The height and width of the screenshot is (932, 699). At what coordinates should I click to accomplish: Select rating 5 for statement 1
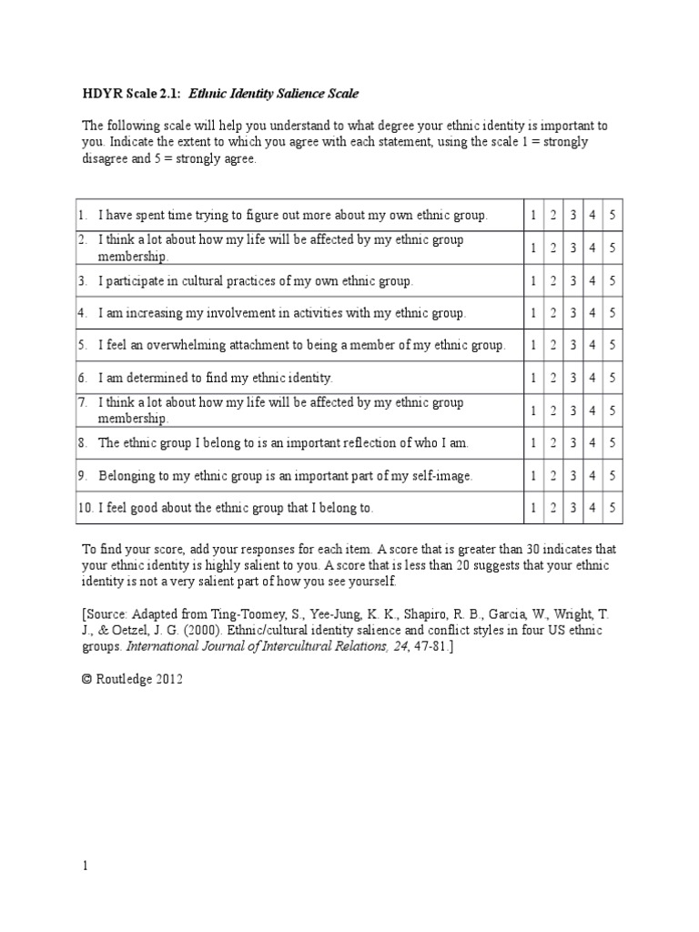[613, 216]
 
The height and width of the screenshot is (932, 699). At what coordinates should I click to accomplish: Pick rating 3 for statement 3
[573, 280]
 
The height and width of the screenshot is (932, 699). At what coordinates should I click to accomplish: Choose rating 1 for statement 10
[533, 508]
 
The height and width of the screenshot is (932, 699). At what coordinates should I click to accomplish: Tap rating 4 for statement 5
[593, 345]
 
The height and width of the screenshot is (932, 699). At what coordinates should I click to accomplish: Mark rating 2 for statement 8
[553, 443]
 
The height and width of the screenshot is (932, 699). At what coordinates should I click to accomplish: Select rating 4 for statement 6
[593, 378]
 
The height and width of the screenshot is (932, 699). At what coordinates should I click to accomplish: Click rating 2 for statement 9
[553, 475]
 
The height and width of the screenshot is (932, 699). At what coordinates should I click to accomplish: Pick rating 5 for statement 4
[613, 313]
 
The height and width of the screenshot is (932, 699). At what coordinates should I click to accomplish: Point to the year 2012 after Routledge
[169, 679]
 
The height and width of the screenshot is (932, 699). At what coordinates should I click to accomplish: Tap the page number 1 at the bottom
[86, 866]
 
